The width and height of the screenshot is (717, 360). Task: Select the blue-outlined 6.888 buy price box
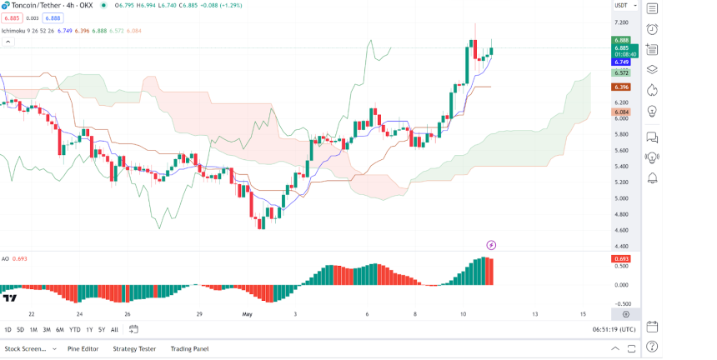53,17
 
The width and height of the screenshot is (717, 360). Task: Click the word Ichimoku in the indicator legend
14,31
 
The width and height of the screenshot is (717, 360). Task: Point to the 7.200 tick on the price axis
621,22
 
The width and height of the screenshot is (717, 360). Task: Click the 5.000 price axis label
621,198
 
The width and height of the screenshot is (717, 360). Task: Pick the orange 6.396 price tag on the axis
621,87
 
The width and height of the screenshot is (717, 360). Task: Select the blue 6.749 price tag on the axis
621,62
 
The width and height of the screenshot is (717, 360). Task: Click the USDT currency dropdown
623,6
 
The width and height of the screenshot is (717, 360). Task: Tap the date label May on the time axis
247,314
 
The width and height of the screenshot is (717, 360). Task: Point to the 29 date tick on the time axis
199,314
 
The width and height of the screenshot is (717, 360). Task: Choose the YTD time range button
75,329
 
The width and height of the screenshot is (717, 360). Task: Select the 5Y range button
101,329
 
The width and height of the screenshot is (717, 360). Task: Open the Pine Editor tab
83,348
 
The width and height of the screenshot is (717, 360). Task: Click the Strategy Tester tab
134,348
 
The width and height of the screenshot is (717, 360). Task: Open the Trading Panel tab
189,348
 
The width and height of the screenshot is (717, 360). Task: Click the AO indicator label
5,258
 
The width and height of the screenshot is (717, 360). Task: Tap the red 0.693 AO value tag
622,258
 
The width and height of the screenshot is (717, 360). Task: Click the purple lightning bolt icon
491,245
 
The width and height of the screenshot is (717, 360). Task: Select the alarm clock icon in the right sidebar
652,29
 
